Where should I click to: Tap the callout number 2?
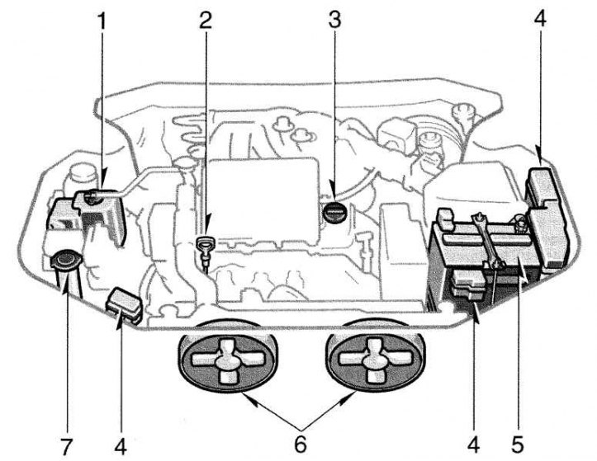click(x=206, y=21)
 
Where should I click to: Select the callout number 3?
click(x=334, y=21)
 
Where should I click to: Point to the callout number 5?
click(x=518, y=445)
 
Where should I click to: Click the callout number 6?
click(x=301, y=444)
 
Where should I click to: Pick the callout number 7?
click(x=66, y=446)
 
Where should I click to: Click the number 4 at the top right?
click(x=540, y=19)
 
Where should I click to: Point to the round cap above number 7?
click(x=65, y=260)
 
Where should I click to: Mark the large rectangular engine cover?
click(x=263, y=201)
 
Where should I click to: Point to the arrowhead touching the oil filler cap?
click(x=334, y=195)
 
